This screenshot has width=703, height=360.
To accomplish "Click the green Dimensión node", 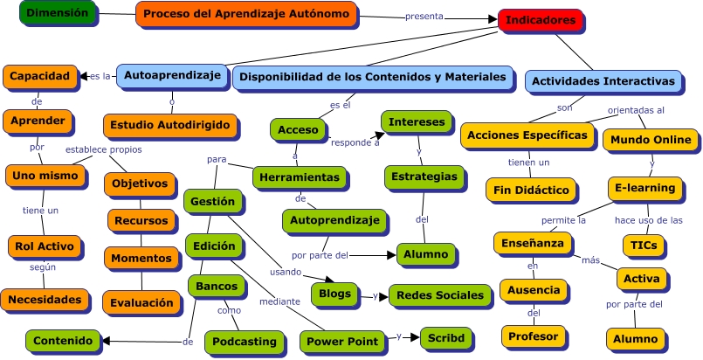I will [56, 13].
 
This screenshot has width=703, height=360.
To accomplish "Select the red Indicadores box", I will [541, 19].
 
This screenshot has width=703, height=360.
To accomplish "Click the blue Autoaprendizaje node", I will [171, 76].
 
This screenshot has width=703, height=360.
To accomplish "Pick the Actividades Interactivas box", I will [603, 81].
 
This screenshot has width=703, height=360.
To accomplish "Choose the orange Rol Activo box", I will [45, 246].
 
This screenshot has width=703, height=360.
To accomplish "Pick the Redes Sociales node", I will [439, 294].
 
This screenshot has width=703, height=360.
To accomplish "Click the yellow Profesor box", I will [532, 335].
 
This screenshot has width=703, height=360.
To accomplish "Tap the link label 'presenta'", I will [424, 16].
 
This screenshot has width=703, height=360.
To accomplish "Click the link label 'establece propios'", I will [104, 149].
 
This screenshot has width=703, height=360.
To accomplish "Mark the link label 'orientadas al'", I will [636, 110].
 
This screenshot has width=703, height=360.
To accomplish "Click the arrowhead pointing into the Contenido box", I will [103, 342].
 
